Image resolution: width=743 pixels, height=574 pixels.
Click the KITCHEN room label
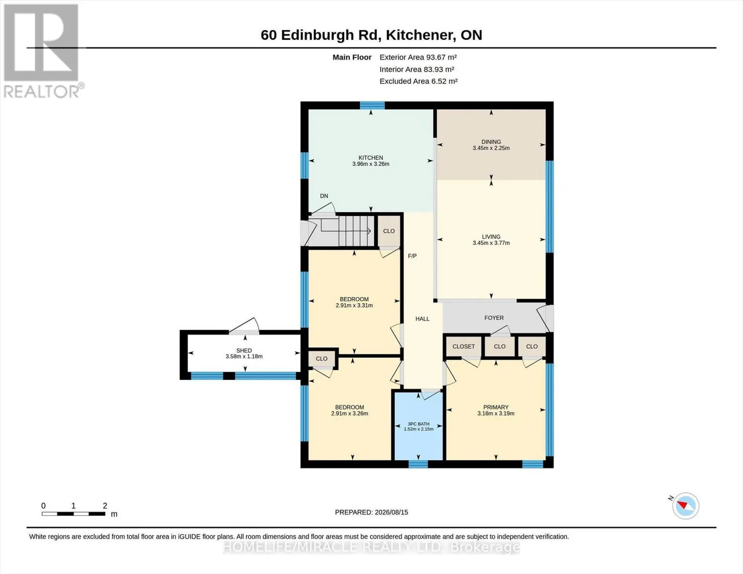point(371,157)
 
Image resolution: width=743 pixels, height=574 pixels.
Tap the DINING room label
point(491,142)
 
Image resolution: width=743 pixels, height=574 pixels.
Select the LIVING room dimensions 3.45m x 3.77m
point(491,243)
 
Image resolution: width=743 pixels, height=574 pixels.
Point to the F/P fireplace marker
point(412,256)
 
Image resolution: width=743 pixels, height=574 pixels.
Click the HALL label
point(422,319)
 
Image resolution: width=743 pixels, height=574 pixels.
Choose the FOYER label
point(494,318)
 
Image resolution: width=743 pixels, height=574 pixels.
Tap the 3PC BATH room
point(419,426)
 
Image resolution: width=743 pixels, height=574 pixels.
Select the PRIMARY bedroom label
point(496,407)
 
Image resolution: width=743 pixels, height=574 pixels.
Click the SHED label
point(244,351)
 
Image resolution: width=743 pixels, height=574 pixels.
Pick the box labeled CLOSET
point(464,347)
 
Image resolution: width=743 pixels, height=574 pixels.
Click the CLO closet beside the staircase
point(389,231)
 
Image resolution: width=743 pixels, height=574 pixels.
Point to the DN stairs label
point(324,196)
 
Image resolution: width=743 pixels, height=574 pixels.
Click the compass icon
point(685,506)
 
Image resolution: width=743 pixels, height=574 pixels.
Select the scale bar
point(74,513)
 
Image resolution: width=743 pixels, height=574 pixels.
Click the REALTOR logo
point(43,51)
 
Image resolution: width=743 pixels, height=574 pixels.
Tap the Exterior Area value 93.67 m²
point(441,57)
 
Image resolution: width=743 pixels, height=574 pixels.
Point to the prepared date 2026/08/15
point(391,512)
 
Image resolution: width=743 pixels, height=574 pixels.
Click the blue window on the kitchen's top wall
point(372,105)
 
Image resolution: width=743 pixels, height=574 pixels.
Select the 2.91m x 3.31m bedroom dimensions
point(354,306)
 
